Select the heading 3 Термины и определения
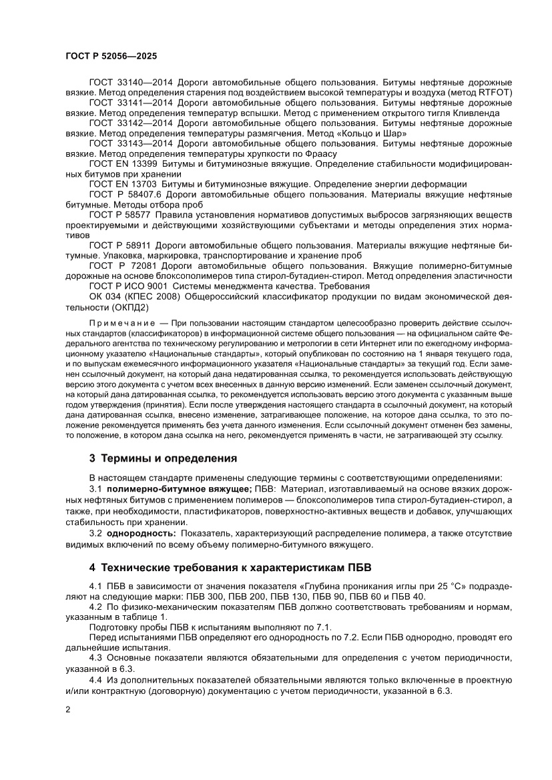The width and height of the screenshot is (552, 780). tap(163, 459)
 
